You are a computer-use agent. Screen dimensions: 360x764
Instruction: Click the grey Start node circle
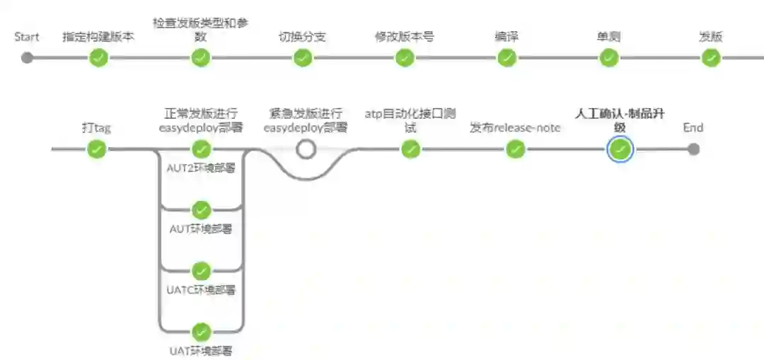point(27,58)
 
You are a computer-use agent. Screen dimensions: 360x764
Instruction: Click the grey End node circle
point(693,149)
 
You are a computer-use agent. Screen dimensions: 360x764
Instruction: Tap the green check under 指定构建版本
point(99,58)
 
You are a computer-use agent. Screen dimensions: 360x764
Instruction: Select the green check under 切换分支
point(303,58)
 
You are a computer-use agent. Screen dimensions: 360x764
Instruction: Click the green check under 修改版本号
point(405,58)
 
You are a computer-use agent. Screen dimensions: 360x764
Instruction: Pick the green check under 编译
point(507,58)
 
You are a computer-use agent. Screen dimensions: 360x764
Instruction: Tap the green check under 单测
point(609,58)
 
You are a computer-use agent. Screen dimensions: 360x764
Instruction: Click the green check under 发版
point(711,58)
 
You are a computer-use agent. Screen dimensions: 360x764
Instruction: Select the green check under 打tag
point(96,149)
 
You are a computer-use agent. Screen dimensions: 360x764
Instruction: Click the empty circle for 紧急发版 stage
point(306,149)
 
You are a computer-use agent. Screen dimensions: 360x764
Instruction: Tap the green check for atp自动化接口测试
point(410,149)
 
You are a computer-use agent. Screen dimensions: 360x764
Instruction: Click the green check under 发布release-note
point(516,149)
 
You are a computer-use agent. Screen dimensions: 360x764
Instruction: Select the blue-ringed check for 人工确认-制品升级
point(620,149)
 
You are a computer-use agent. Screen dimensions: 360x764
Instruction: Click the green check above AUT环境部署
point(202,210)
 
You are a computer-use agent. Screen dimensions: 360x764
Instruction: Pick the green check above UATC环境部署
point(202,271)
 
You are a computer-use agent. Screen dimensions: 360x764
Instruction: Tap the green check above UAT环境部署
point(202,332)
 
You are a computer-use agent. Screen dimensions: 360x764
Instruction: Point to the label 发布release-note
point(516,128)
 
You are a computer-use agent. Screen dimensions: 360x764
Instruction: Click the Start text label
point(27,37)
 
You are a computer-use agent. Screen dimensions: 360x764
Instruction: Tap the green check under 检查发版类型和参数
point(201,58)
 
